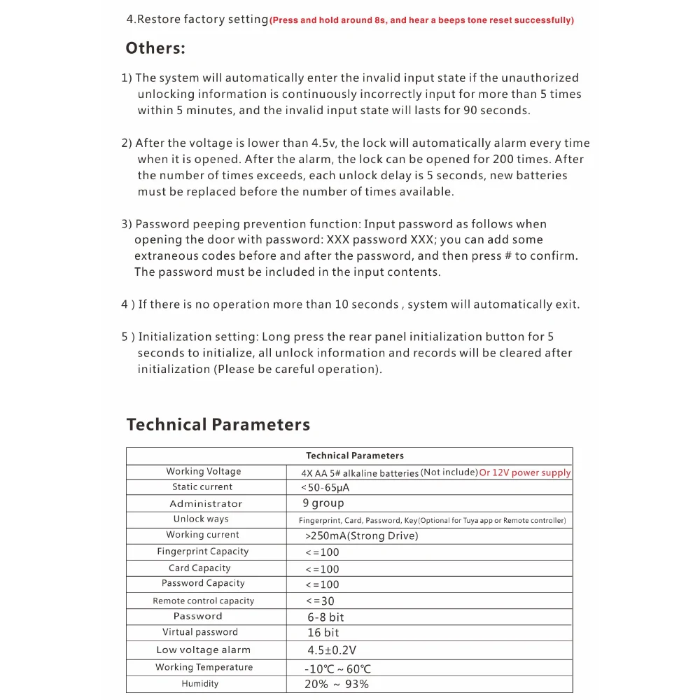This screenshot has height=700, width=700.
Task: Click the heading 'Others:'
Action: pyautogui.click(x=155, y=48)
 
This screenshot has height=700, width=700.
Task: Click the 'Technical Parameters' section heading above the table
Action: pyautogui.click(x=218, y=425)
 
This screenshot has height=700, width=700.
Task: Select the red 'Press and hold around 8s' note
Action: pyautogui.click(x=421, y=20)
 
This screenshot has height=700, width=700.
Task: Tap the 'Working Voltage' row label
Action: pyautogui.click(x=203, y=472)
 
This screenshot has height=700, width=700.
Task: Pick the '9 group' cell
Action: pyautogui.click(x=323, y=503)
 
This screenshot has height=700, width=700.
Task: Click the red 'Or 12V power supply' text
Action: pyautogui.click(x=525, y=472)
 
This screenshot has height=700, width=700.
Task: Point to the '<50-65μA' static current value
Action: pyautogui.click(x=325, y=487)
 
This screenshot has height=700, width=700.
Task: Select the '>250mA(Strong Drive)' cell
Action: pyautogui.click(x=362, y=535)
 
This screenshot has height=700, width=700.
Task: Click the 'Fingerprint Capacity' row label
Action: pyautogui.click(x=202, y=552)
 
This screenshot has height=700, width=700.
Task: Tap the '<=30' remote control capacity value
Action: pyautogui.click(x=321, y=601)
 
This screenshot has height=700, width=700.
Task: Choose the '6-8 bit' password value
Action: pyautogui.click(x=325, y=617)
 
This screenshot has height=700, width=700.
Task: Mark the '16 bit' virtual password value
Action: pyautogui.click(x=323, y=633)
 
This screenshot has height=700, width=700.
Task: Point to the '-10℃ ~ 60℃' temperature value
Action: pyautogui.click(x=337, y=668)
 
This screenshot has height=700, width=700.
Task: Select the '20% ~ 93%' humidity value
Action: pyautogui.click(x=336, y=685)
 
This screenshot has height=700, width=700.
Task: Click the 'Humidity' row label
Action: pyautogui.click(x=199, y=684)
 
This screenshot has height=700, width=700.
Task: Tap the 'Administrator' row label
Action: pyautogui.click(x=206, y=504)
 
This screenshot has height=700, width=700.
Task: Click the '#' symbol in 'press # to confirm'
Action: pyautogui.click(x=507, y=256)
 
